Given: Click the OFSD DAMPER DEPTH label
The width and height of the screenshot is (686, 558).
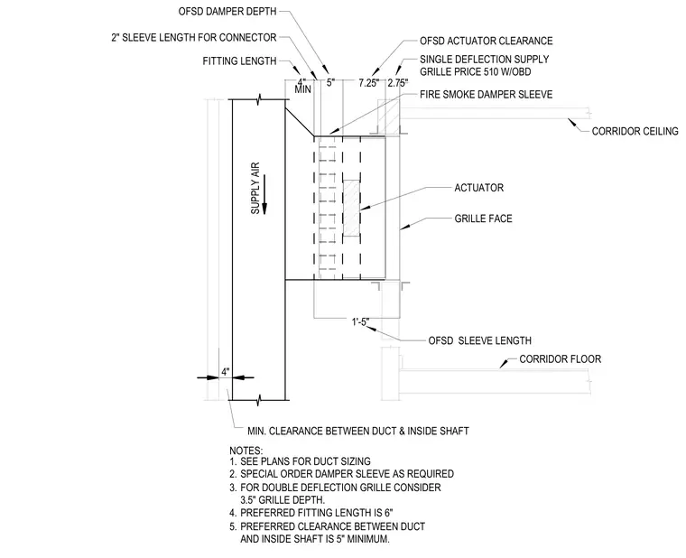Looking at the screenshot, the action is (227, 12).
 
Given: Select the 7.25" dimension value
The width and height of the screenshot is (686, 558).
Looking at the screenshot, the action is (368, 83).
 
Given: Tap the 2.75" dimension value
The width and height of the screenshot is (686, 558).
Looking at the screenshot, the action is (398, 83).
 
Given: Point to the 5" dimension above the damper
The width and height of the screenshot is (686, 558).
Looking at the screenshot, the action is (330, 82).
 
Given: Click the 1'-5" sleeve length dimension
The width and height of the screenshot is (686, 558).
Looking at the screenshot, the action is (360, 322).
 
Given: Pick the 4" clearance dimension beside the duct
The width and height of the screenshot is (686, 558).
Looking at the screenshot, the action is (225, 372).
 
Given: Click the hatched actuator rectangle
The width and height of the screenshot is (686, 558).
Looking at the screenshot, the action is (351, 209).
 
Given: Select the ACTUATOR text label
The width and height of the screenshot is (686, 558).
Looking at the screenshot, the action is (478, 188).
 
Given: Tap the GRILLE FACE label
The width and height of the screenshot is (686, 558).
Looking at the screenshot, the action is (483, 219).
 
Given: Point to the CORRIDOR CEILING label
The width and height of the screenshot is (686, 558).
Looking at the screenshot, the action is (635, 131).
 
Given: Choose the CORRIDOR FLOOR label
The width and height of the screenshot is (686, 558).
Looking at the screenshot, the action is (560, 359).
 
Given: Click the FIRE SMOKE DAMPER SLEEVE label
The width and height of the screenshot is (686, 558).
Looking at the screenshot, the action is (486, 95).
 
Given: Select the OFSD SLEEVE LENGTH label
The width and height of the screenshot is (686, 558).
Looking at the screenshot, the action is (479, 340).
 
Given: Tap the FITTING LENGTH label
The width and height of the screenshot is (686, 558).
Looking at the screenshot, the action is (239, 61).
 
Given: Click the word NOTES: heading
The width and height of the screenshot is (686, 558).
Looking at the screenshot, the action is (246, 451).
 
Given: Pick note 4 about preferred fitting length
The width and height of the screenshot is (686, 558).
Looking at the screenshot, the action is (311, 513).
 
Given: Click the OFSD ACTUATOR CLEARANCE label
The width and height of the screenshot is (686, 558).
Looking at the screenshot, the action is (486, 42).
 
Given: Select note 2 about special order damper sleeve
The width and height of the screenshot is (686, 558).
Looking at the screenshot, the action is (341, 474).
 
